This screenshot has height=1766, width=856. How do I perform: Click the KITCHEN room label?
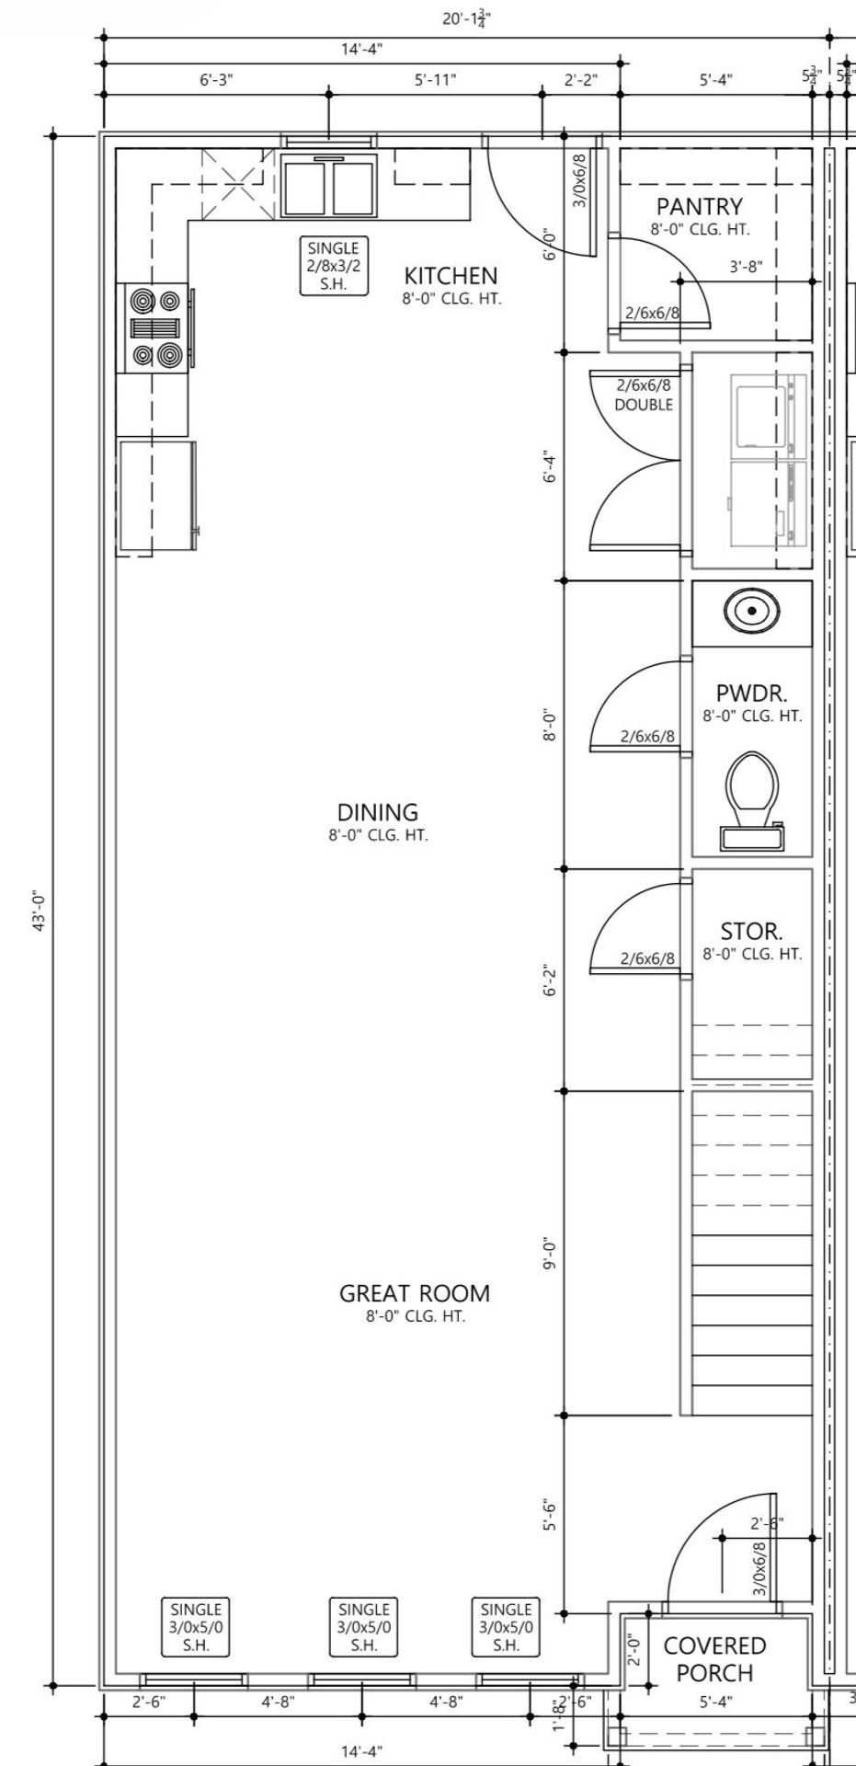[451, 275]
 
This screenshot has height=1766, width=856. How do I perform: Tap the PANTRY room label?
[699, 206]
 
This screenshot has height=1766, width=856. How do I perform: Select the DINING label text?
[378, 812]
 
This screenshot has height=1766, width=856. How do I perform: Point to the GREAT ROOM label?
[415, 1293]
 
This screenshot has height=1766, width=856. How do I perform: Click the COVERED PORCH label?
[714, 1658]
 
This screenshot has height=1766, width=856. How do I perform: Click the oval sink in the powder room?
[752, 611]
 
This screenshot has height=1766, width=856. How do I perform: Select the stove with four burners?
[154, 327]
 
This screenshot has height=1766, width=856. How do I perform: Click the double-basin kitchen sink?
[329, 187]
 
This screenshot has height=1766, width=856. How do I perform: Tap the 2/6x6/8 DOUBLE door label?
[644, 395]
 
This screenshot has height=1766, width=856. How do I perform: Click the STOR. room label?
[751, 932]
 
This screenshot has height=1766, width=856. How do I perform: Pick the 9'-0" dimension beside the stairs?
[550, 1254]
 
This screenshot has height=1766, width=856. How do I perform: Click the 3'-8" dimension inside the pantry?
[746, 267]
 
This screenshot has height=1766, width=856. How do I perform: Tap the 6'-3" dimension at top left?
[216, 80]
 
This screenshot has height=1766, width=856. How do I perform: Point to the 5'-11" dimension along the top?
[435, 80]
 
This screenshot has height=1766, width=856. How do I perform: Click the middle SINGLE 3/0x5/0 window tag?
[364, 1626]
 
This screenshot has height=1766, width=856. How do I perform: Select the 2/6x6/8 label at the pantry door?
[652, 313]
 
